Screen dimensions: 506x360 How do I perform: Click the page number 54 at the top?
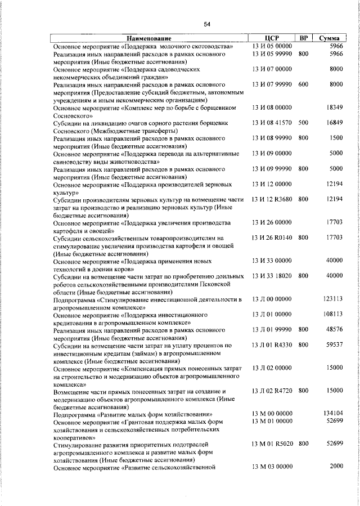(x=206, y=24)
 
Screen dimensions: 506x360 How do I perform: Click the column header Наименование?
(x=148, y=38)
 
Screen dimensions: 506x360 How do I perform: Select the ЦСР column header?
(x=272, y=38)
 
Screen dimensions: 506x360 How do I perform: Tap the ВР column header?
(x=303, y=38)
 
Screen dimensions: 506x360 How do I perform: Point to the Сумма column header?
(x=328, y=38)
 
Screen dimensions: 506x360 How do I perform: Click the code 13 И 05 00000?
(x=272, y=46)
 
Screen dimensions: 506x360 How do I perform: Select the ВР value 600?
(x=303, y=84)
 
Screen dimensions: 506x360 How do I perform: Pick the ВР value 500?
(x=303, y=122)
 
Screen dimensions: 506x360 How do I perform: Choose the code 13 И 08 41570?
(x=272, y=122)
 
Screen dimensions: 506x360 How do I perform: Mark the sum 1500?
(x=336, y=137)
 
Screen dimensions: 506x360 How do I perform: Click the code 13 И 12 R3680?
(x=272, y=199)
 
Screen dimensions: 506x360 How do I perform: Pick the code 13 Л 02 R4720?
(x=272, y=390)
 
